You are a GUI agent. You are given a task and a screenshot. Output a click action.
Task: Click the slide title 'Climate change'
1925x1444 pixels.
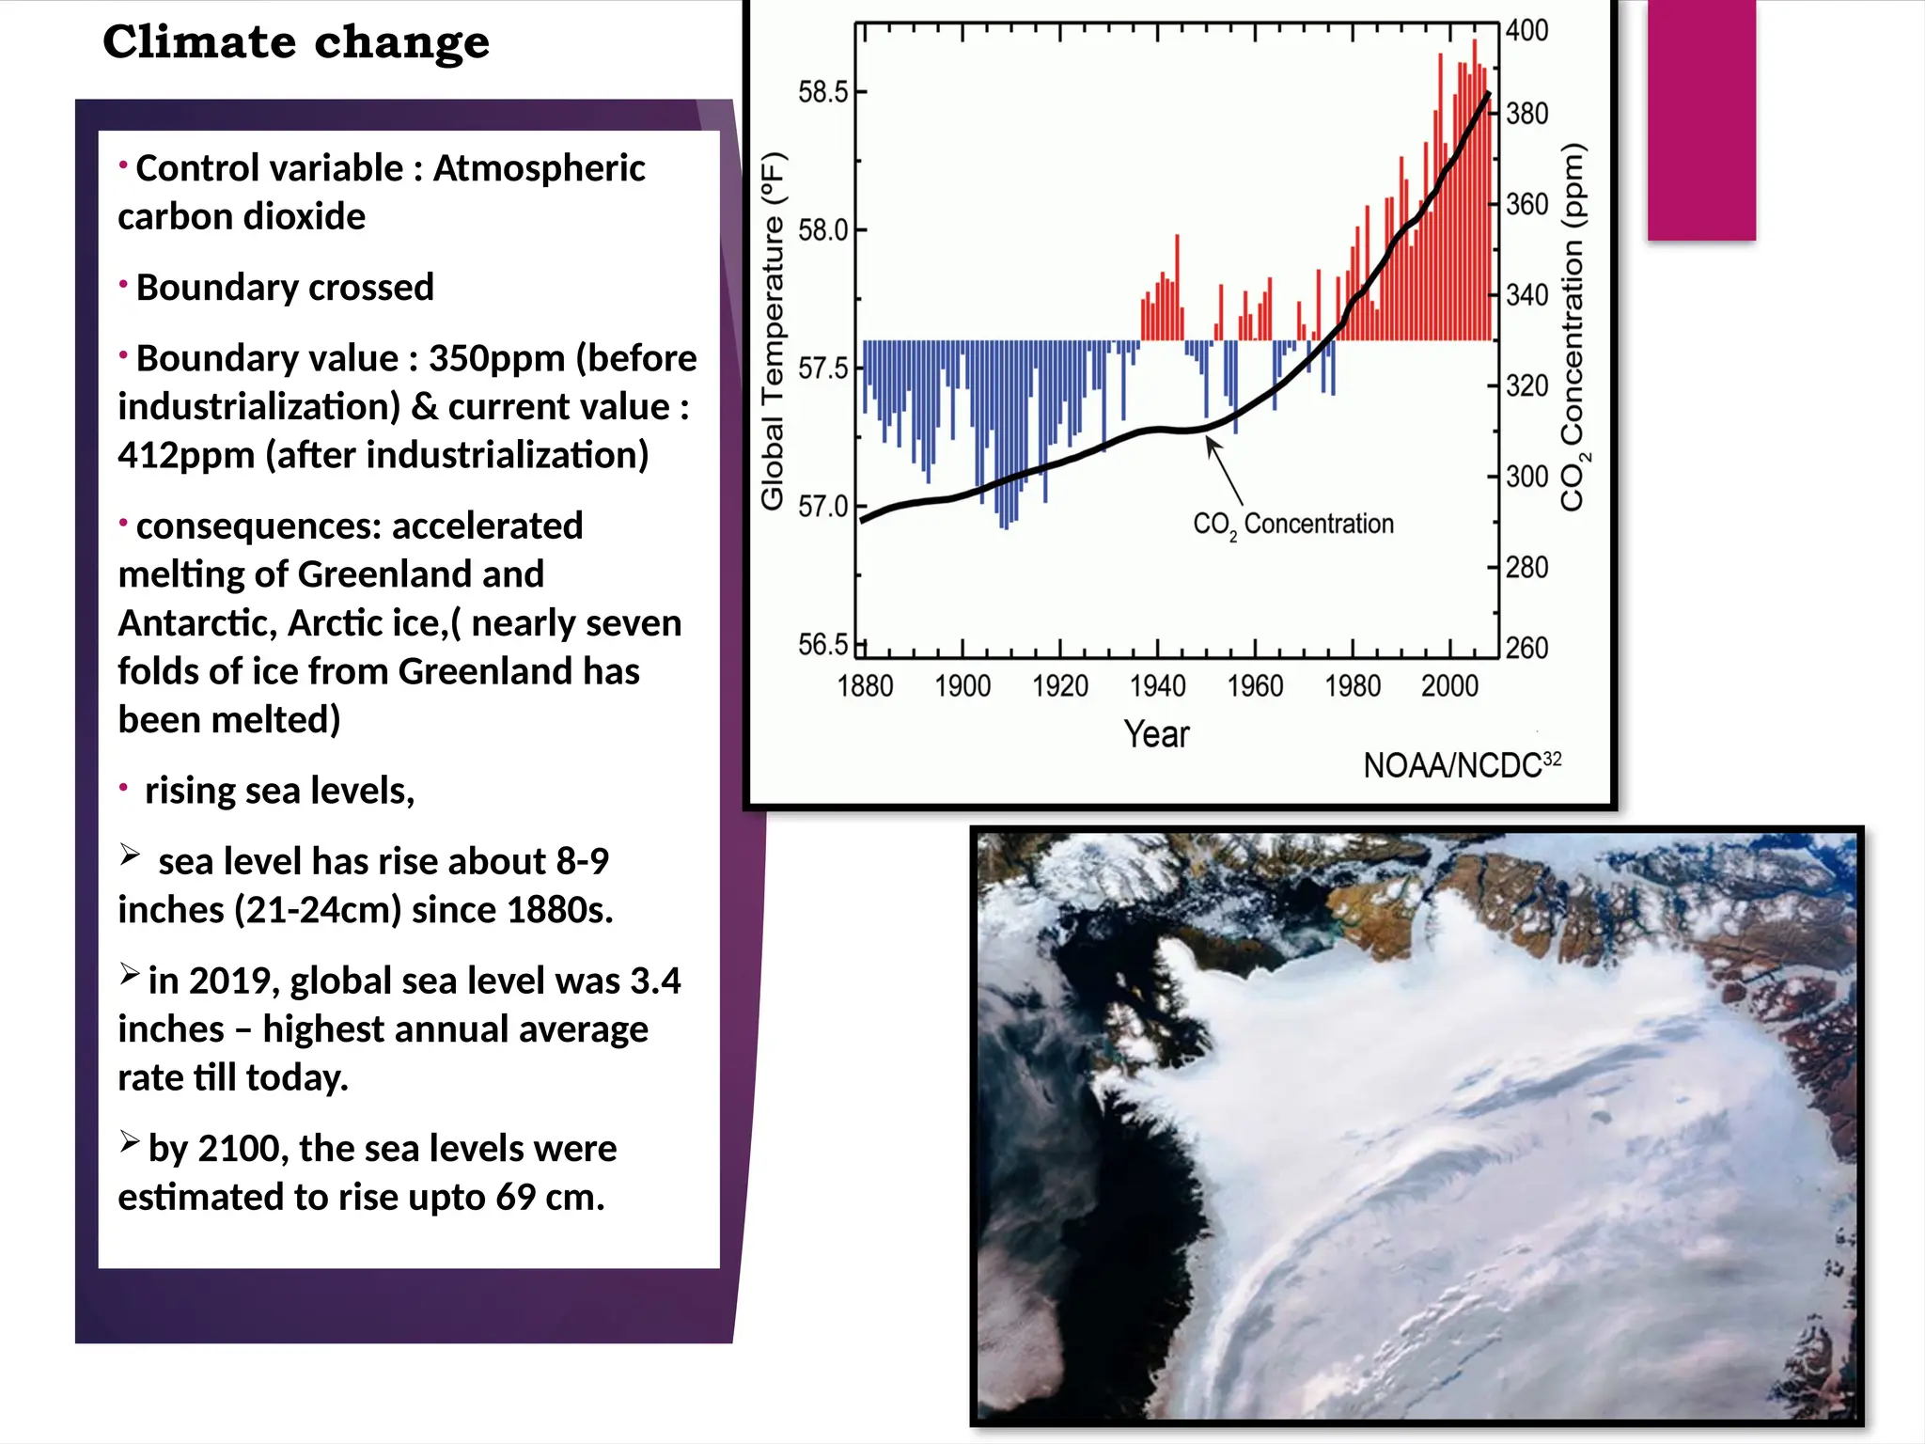(296, 42)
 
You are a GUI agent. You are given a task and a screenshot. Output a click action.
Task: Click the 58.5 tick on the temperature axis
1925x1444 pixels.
(824, 92)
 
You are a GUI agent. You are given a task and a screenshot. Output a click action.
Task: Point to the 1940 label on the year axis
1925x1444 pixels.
(1157, 686)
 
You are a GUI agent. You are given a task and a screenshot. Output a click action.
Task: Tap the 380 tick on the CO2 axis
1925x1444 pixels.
(1526, 114)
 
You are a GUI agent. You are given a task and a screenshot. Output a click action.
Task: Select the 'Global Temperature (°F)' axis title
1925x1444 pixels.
(773, 331)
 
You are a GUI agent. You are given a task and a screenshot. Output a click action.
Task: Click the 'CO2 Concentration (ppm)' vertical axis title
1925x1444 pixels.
(1573, 327)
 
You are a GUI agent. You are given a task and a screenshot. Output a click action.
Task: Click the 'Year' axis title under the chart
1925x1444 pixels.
(1156, 734)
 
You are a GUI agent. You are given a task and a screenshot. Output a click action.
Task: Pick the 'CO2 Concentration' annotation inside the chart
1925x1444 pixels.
(1293, 525)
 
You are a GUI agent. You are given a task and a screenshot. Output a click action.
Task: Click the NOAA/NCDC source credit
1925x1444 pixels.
(1462, 765)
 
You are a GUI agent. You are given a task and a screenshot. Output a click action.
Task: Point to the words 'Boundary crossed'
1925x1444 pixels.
(285, 288)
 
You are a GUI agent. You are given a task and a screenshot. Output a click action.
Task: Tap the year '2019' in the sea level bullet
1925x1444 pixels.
(228, 981)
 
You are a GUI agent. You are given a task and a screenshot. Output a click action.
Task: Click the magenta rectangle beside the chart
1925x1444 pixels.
(1701, 119)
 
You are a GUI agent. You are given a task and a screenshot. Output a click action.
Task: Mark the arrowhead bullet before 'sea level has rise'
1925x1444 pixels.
(130, 855)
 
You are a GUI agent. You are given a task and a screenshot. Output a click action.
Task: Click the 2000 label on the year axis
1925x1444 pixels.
(1449, 686)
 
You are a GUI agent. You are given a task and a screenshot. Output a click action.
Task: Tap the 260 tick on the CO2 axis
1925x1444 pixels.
(1526, 648)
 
